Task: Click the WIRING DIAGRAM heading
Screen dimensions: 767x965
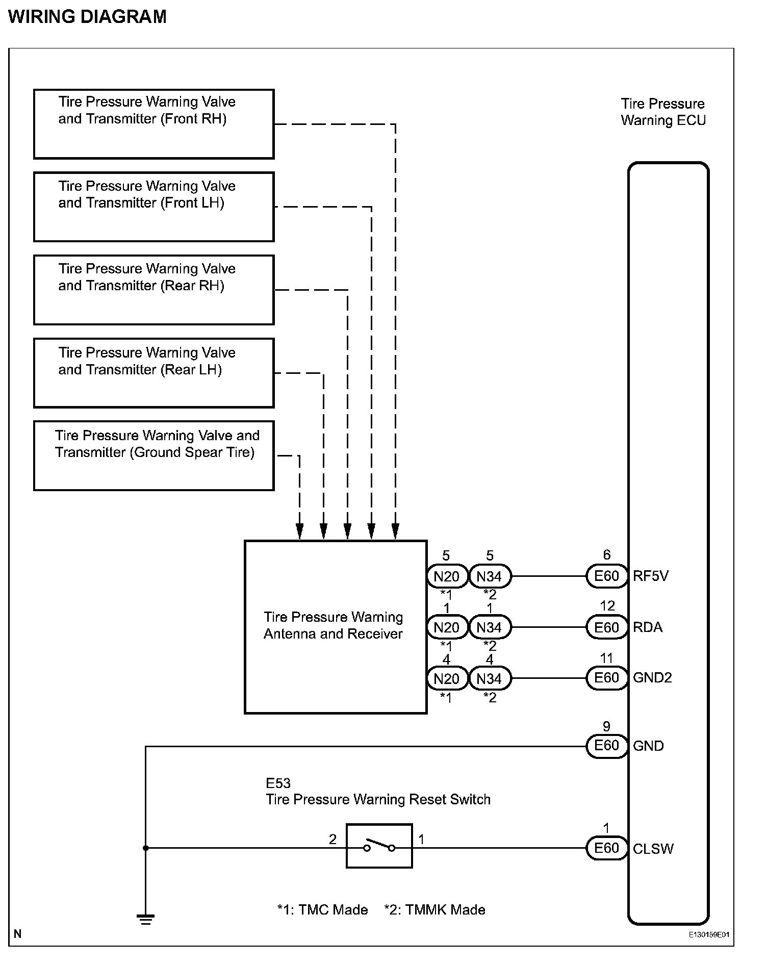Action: [x=88, y=17]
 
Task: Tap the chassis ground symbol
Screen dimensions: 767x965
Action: [x=145, y=920]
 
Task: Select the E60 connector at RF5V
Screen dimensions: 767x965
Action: [x=606, y=576]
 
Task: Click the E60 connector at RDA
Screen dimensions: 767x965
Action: [x=606, y=627]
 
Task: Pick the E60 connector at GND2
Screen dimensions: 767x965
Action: [x=606, y=678]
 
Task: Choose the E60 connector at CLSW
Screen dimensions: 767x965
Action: [x=606, y=848]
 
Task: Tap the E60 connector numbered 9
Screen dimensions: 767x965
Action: [x=606, y=746]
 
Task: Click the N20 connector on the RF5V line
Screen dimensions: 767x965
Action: [x=447, y=576]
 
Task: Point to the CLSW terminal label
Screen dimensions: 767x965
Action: [x=653, y=849]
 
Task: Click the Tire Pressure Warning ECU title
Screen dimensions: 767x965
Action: [x=663, y=112]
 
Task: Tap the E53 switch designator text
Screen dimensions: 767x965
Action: [x=278, y=782]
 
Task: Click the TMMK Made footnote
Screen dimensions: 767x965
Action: [x=435, y=909]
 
